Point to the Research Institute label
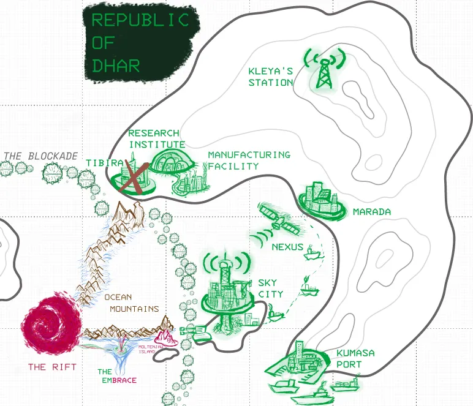[155, 138]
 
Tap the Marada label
[371, 212]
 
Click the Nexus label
[287, 247]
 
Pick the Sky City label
[270, 288]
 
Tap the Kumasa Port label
[355, 359]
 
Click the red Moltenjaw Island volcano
[165, 338]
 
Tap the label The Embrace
[117, 375]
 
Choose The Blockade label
[41, 156]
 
